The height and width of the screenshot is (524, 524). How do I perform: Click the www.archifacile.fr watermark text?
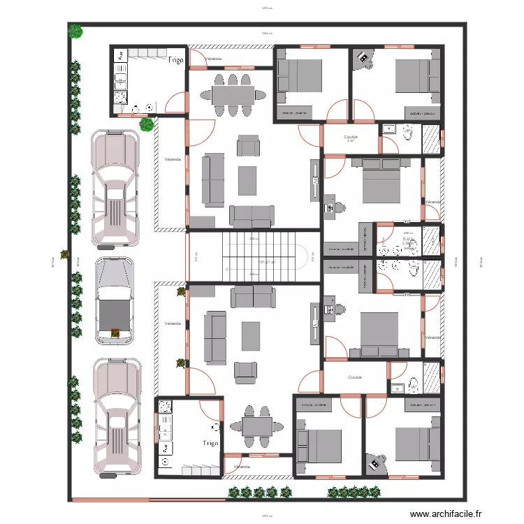(x=446, y=514)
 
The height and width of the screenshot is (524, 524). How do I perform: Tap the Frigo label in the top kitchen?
(x=175, y=61)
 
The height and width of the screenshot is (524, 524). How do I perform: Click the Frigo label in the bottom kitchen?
(x=210, y=443)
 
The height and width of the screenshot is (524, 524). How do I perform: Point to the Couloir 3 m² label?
(x=351, y=138)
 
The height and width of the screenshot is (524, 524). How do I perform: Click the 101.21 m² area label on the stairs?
(x=267, y=262)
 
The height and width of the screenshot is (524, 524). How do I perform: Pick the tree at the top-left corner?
(x=75, y=31)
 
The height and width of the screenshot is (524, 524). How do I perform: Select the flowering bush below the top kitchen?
(x=147, y=125)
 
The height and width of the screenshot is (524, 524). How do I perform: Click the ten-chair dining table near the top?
(x=233, y=94)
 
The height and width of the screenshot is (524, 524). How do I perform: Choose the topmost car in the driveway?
(x=115, y=189)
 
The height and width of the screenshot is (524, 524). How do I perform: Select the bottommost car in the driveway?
(x=115, y=418)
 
